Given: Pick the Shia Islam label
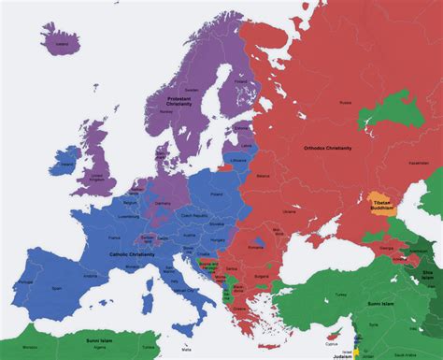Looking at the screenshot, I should point(427,272).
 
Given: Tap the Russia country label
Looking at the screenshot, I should point(345,101).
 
